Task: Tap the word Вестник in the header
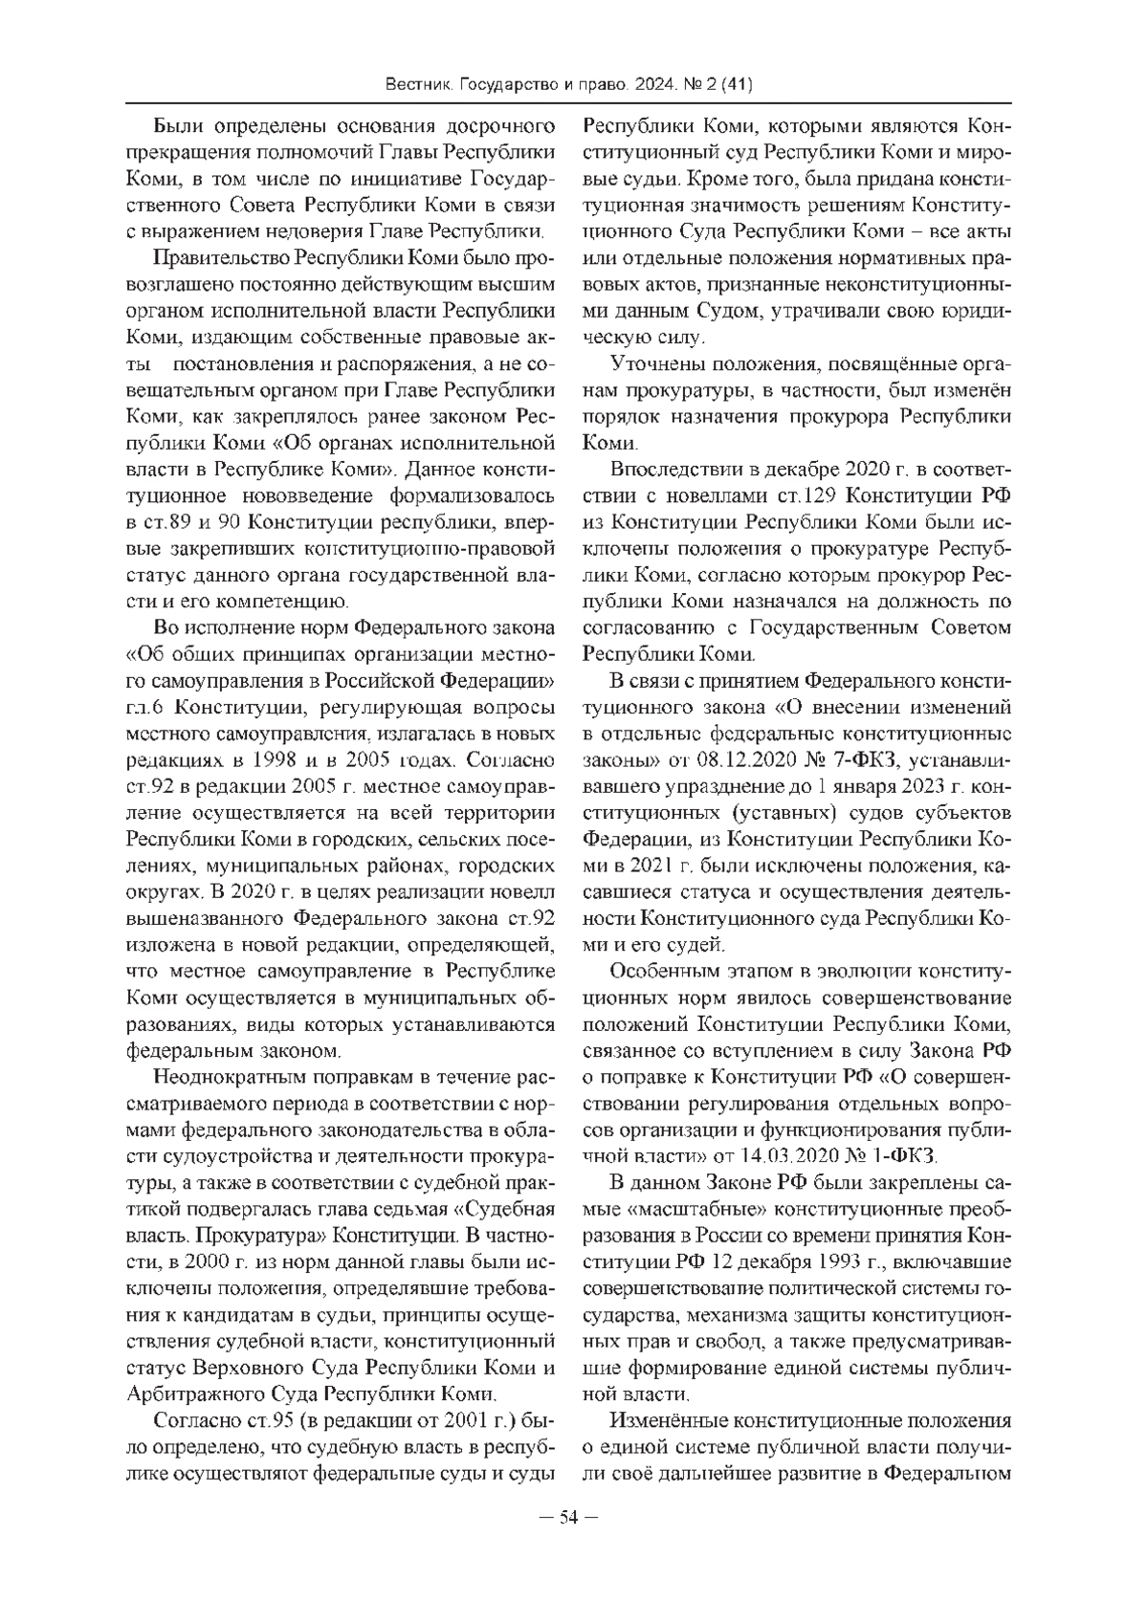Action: coord(419,85)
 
